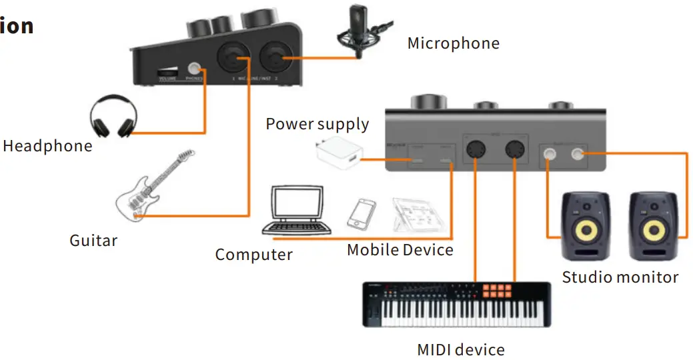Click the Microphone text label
[x=453, y=44]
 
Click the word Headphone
[x=47, y=146]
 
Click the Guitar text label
[x=93, y=240]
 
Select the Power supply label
[x=317, y=125]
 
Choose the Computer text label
[x=253, y=255]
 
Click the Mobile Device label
[x=400, y=250]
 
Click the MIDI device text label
[x=460, y=349]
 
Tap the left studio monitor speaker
[x=586, y=226]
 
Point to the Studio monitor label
[x=620, y=277]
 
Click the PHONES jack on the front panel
[x=195, y=69]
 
